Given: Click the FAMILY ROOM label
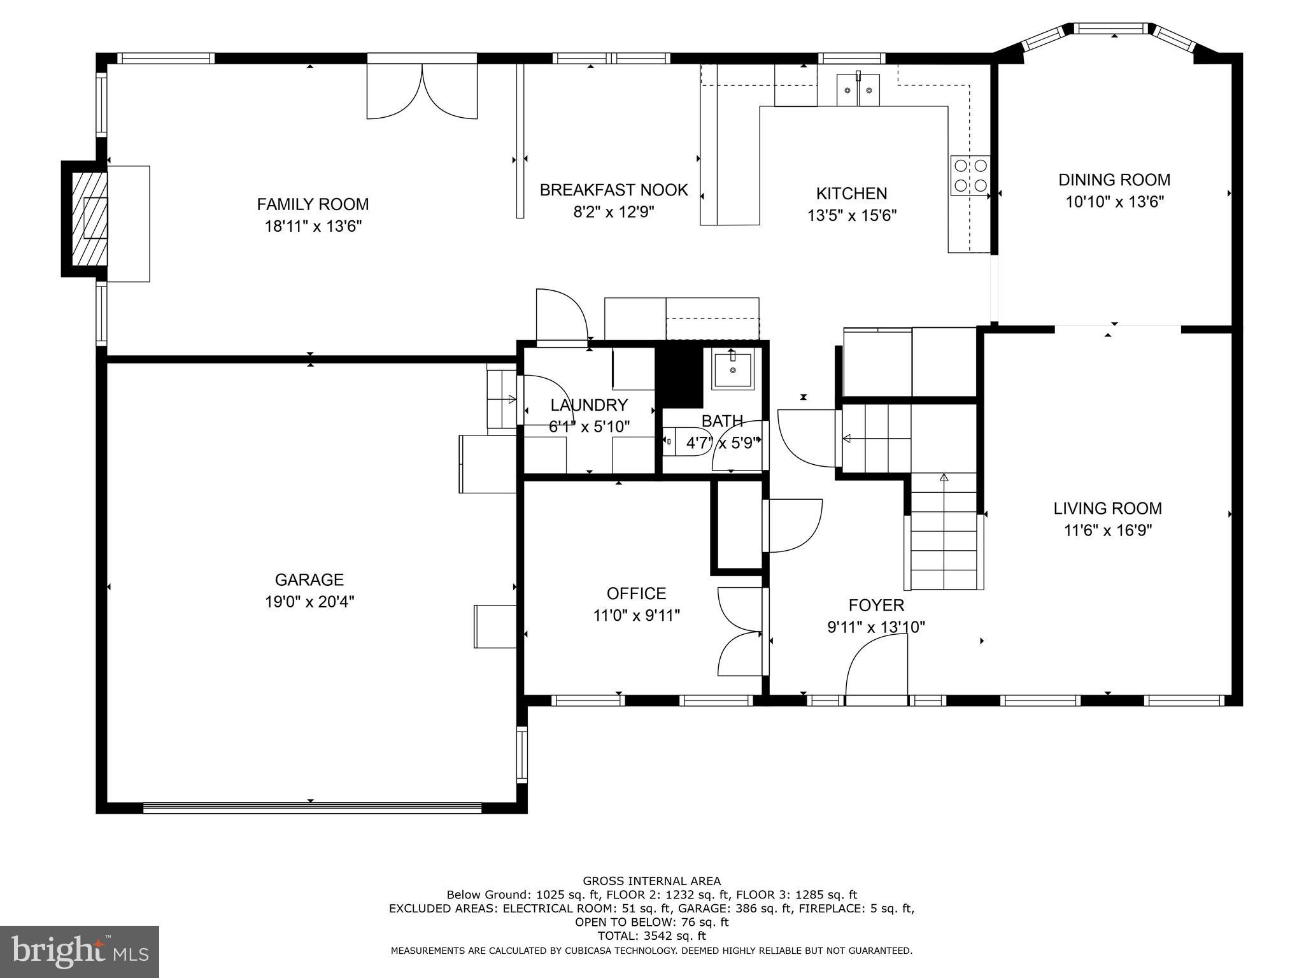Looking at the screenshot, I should (313, 204).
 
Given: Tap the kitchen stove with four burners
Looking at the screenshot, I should (970, 176).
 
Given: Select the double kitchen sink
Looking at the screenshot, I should (858, 89).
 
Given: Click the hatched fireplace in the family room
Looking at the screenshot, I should (90, 218).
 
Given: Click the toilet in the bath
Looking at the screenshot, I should (676, 441).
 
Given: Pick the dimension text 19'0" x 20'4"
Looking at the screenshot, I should (309, 602).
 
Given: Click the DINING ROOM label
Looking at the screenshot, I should (1114, 180).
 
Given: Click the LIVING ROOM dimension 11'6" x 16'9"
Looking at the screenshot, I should (1108, 530).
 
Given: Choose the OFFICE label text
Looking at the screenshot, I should (636, 593).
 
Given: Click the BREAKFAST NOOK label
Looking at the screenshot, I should (614, 190).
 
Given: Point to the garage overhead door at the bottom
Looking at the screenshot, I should (312, 807).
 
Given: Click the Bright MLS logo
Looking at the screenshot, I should (80, 952).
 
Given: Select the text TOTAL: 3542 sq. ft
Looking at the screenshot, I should (651, 935).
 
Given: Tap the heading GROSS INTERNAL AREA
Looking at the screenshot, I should (651, 881).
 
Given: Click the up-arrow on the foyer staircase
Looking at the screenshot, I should (944, 478).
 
